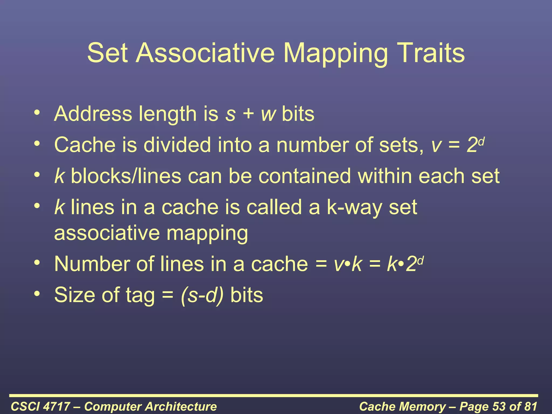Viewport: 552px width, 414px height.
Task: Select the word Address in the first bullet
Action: pos(93,114)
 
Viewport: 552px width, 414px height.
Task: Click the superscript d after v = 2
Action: pos(482,141)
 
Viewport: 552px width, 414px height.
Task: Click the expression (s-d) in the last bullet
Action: pos(202,295)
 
